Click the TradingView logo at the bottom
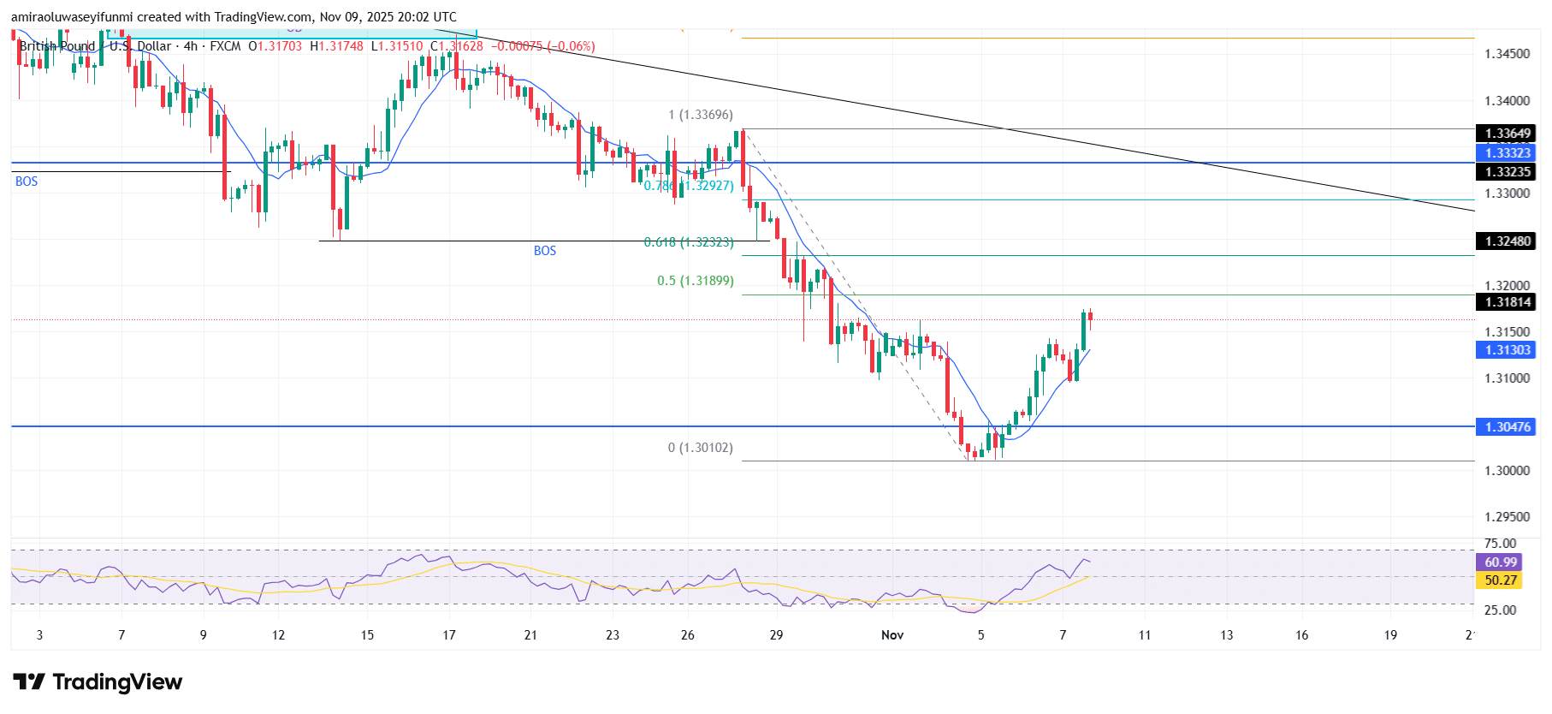98,681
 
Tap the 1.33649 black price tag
1507,134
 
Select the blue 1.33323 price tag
1507,153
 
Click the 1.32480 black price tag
1507,241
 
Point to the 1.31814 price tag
1507,302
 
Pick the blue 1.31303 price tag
1507,350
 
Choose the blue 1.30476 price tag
1507,427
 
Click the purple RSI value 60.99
1500,562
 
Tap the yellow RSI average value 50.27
1500,580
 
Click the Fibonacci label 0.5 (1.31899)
695,281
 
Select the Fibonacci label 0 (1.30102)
700,448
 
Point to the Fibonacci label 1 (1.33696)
700,115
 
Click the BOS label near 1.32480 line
545,251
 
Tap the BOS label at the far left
27,181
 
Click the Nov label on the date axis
892,635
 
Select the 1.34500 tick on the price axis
1507,54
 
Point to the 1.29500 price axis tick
1507,517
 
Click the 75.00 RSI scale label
1500,544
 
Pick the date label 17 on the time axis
449,635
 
